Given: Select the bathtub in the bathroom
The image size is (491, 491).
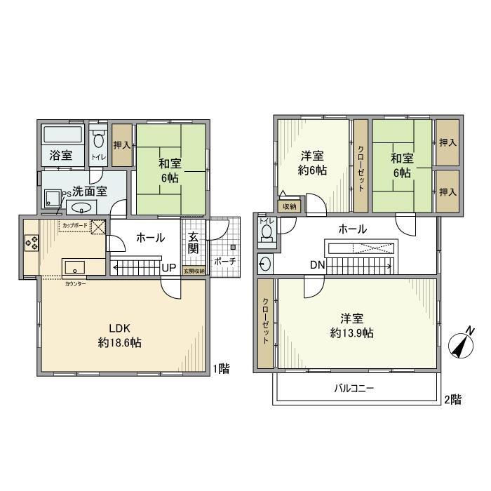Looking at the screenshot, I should click(x=62, y=135).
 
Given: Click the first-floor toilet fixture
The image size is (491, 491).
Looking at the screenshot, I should click(x=97, y=140).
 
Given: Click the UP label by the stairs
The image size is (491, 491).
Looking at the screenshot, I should click(x=169, y=267).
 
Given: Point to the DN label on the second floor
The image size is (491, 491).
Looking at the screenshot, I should click(x=316, y=264).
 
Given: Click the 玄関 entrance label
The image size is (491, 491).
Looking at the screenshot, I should click(x=193, y=243).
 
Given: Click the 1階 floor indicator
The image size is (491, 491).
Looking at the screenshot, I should click(x=222, y=368).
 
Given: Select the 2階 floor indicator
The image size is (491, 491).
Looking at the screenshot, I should click(x=452, y=399).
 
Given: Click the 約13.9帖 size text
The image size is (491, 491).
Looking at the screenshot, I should click(x=351, y=333).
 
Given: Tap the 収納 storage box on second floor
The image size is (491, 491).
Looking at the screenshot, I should click(x=290, y=206).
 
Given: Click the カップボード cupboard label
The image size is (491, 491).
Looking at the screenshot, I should click(x=75, y=226).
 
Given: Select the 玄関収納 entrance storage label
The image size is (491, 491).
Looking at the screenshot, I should click(x=194, y=271).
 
